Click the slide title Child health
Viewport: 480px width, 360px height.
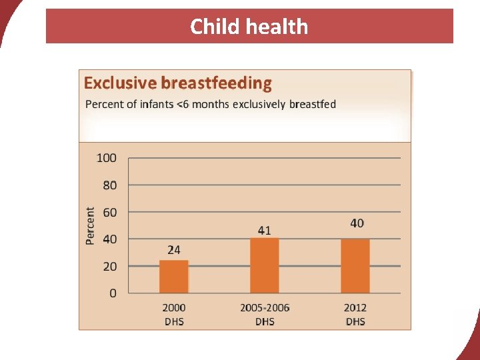coord(249,27)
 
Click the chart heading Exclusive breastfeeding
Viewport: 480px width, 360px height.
coord(177,83)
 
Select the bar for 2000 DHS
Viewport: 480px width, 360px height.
coord(173,277)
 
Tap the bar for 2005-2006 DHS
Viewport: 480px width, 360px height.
coord(265,265)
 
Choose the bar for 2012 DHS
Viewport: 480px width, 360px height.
coord(355,266)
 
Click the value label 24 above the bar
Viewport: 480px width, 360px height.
coord(173,250)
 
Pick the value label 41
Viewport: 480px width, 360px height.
coord(265,230)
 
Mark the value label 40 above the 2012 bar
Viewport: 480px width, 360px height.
coord(357,223)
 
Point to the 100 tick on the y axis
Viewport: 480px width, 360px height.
coord(107,158)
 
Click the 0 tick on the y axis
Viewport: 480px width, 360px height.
coord(113,293)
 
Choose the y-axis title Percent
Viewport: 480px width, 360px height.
coord(91,225)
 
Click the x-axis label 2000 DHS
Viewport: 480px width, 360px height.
coord(173,314)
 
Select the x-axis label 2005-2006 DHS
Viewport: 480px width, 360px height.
coord(265,314)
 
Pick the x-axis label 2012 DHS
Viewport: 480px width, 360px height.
coord(355,314)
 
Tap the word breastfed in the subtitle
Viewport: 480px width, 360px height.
coord(313,104)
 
